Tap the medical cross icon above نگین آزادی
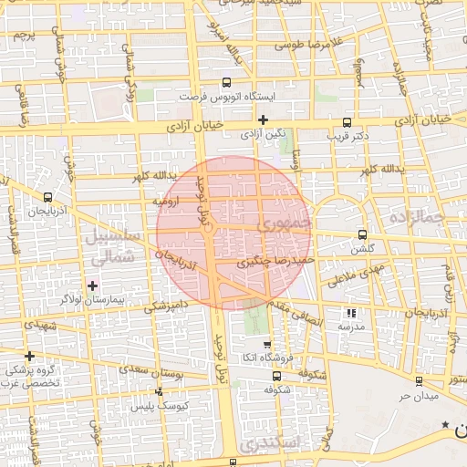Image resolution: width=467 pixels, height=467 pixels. (263, 119)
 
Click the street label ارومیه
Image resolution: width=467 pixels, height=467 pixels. (166, 199)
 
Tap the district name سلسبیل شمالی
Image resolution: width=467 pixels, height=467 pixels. (112, 246)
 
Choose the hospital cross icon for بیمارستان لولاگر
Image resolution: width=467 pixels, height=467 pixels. (93, 285)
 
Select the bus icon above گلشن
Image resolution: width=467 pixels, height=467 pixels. (363, 234)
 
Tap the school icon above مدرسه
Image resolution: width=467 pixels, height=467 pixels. (352, 312)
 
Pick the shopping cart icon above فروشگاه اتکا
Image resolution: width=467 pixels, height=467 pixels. (266, 345)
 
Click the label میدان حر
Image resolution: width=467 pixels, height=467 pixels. (419, 396)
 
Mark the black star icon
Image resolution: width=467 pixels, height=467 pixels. (445, 425)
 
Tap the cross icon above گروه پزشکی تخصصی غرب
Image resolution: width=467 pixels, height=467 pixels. (30, 356)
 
